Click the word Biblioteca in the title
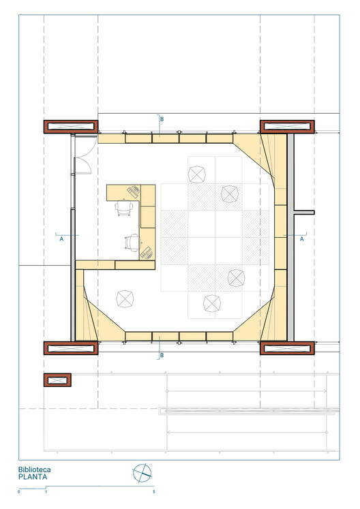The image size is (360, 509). (x=35, y=469)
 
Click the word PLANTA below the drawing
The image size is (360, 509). (x=33, y=477)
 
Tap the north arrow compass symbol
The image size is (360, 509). (x=142, y=473)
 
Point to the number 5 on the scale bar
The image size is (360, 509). (x=153, y=491)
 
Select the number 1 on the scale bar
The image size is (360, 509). (x=46, y=491)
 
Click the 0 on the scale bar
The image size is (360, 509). (x=19, y=491)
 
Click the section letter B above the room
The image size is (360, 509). (x=162, y=119)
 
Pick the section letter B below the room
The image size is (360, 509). (x=162, y=356)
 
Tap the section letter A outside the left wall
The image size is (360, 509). (x=61, y=239)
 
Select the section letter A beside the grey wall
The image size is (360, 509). (x=301, y=239)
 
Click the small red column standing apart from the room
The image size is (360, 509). (x=57, y=380)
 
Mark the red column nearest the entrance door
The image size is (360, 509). (x=71, y=127)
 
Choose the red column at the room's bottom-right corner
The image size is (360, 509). (x=287, y=348)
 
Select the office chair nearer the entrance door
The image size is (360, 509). (x=124, y=208)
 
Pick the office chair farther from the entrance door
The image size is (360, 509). (x=133, y=243)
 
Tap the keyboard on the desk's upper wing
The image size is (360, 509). (x=134, y=191)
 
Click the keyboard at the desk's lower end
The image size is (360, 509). (x=147, y=253)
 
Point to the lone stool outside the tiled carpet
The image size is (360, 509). (x=125, y=299)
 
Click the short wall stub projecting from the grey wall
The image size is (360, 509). (x=304, y=213)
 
